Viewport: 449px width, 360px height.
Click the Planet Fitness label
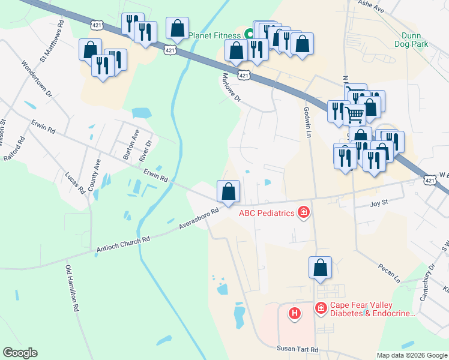point(214,35)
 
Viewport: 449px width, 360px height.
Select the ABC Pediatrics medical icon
point(304,212)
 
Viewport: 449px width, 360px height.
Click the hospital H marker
point(295,313)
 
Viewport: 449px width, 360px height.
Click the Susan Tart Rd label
point(297,349)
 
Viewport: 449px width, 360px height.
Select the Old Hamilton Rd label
point(72,289)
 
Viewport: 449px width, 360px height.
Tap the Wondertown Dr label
point(37,79)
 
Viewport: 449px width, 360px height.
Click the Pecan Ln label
point(389,272)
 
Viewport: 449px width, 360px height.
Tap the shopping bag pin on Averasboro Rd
point(228,192)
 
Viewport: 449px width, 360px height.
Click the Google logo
point(20,353)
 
